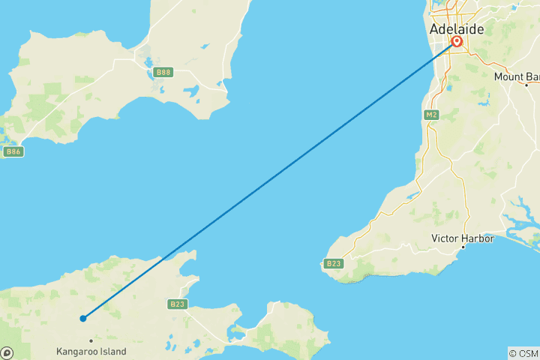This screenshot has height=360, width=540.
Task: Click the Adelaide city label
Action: click(456, 29)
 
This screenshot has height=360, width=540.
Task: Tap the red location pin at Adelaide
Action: click(456, 42)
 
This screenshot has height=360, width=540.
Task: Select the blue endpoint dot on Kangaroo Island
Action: click(83, 319)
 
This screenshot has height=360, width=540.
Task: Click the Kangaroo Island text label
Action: click(91, 351)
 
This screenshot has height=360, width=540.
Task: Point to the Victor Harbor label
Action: click(462, 238)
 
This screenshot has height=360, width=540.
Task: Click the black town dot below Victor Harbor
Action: click(462, 247)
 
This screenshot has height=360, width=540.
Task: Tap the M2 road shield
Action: click(430, 115)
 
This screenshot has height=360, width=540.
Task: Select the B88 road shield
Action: click(163, 72)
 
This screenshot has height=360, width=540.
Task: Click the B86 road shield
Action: click(13, 151)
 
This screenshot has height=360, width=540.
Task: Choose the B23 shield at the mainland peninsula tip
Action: click(333, 263)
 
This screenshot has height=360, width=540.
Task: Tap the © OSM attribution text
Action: click(523, 353)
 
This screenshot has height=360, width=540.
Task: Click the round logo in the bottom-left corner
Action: click(7, 352)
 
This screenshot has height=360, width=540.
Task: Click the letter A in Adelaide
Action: click(433, 29)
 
